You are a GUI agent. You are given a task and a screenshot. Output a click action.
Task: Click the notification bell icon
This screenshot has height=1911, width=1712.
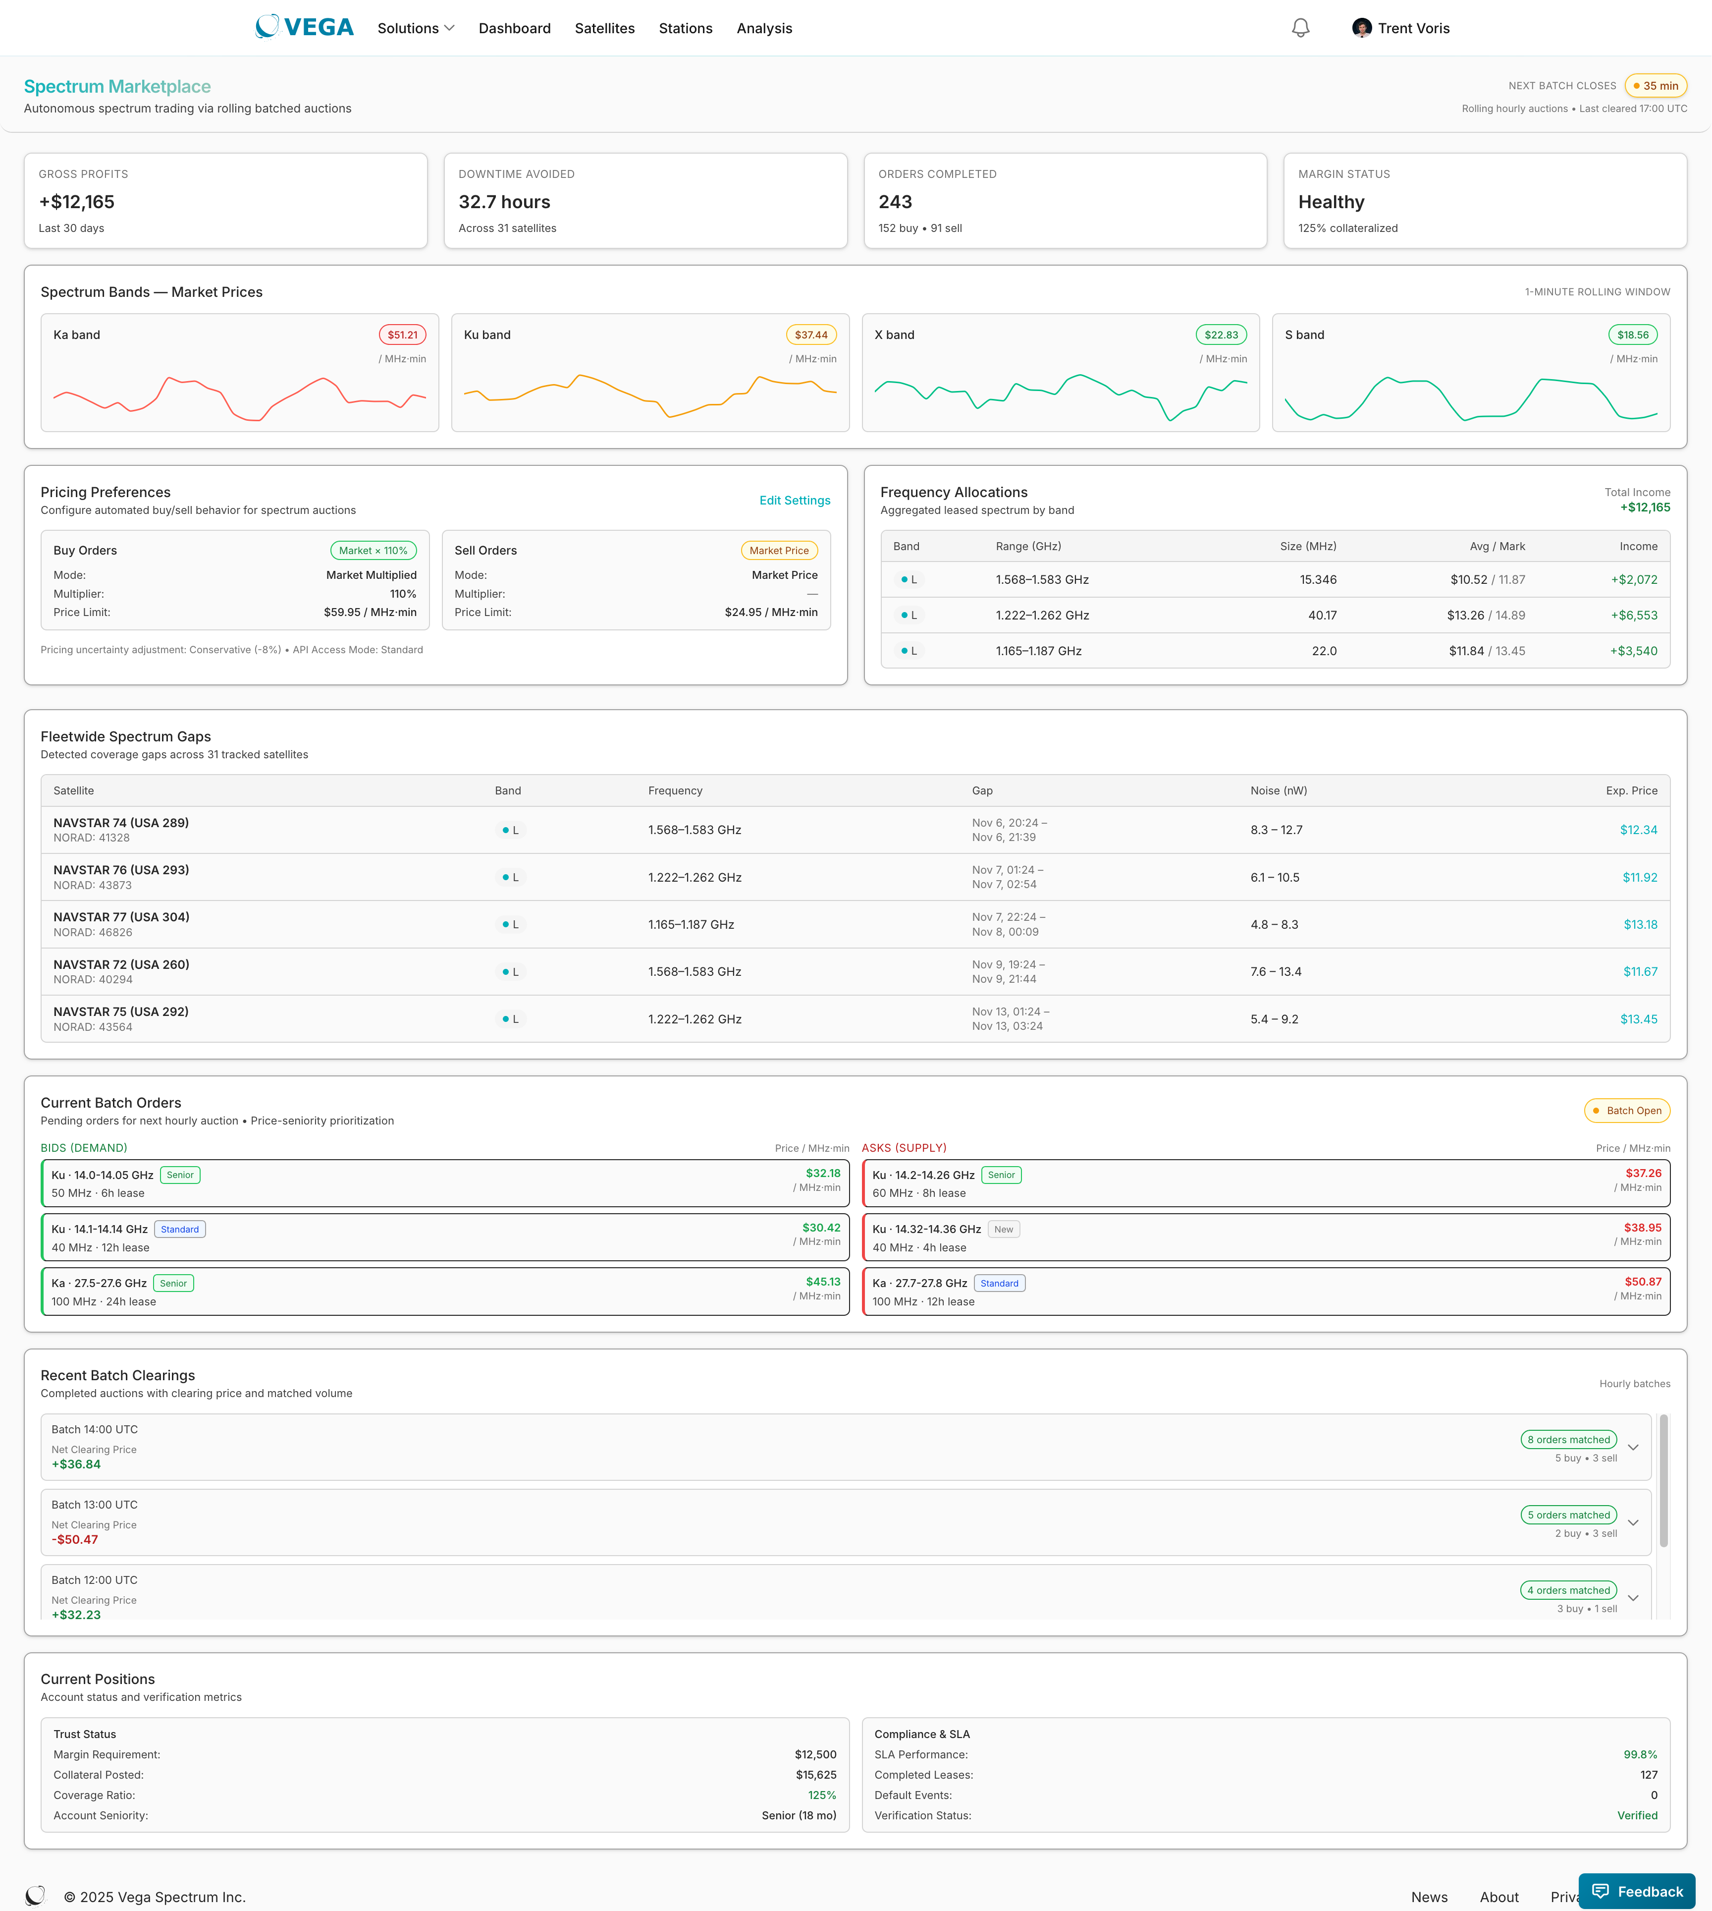1300,28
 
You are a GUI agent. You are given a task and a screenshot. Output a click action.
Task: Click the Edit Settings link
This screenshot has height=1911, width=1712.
794,501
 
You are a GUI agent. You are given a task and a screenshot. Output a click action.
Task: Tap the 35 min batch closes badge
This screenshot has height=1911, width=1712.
1656,86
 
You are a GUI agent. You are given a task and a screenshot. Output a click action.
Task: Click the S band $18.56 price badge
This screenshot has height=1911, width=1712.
1632,335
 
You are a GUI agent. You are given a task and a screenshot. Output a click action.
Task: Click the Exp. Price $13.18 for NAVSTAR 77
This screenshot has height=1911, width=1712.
1640,925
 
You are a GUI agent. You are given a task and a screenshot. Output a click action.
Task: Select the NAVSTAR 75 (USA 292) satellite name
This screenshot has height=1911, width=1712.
120,1012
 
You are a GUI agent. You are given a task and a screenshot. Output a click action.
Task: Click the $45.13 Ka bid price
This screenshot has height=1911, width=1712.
822,1282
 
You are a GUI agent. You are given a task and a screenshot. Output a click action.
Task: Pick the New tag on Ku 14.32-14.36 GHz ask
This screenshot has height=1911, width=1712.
1004,1230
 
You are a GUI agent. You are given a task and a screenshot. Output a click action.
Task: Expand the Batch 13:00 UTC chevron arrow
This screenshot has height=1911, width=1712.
1632,1522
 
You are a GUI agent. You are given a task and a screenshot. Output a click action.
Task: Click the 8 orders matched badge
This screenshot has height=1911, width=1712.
1568,1440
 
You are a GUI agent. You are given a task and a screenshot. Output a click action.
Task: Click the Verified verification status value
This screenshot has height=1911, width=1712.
1637,1816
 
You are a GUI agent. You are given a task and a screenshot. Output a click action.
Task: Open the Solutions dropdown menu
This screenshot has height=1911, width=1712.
415,28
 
